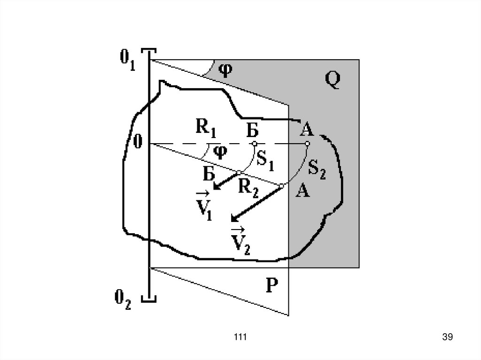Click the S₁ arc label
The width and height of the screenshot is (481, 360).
(265, 160)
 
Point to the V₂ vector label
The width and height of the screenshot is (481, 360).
(240, 241)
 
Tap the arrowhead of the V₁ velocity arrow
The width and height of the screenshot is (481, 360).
(216, 187)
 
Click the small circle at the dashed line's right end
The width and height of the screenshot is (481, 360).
(307, 143)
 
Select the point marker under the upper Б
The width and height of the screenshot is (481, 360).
(254, 143)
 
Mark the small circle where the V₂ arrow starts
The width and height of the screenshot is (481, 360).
(282, 186)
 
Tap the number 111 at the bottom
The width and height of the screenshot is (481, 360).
(240, 337)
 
